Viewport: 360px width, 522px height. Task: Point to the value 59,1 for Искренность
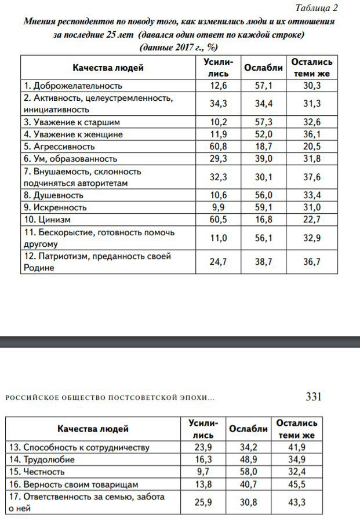pos(263,207)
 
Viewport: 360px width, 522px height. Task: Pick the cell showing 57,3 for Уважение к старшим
pos(263,122)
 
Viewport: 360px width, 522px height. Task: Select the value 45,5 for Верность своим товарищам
pos(296,484)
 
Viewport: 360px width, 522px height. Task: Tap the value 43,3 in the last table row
pos(296,502)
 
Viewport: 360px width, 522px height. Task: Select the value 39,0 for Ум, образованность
pos(263,158)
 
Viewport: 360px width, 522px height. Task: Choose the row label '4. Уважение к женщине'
pos(73,134)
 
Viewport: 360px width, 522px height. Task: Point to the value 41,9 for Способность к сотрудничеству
pos(296,447)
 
